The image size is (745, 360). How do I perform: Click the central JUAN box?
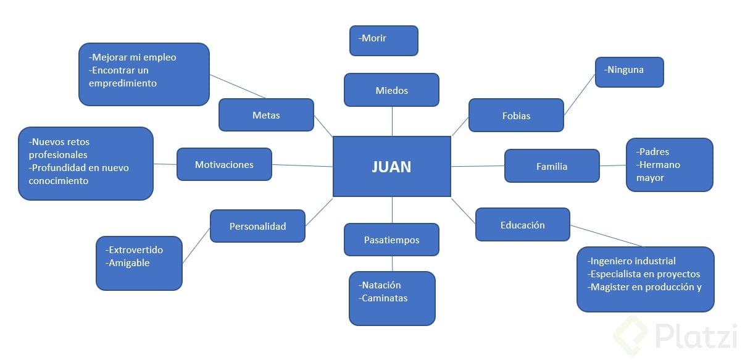(x=391, y=167)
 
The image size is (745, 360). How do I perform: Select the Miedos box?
(x=391, y=90)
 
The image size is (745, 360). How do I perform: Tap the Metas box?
(x=266, y=115)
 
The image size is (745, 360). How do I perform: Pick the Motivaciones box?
(x=224, y=164)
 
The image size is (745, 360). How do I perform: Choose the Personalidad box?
(x=257, y=226)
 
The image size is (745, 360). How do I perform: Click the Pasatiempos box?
(x=391, y=240)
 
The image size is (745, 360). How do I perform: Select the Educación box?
(x=522, y=225)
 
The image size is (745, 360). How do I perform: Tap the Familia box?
(x=552, y=166)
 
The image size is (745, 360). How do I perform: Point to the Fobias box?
(x=516, y=115)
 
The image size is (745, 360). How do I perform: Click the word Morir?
(x=374, y=38)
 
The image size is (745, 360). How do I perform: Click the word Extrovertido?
(x=135, y=250)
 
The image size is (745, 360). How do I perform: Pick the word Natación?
(x=381, y=285)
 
